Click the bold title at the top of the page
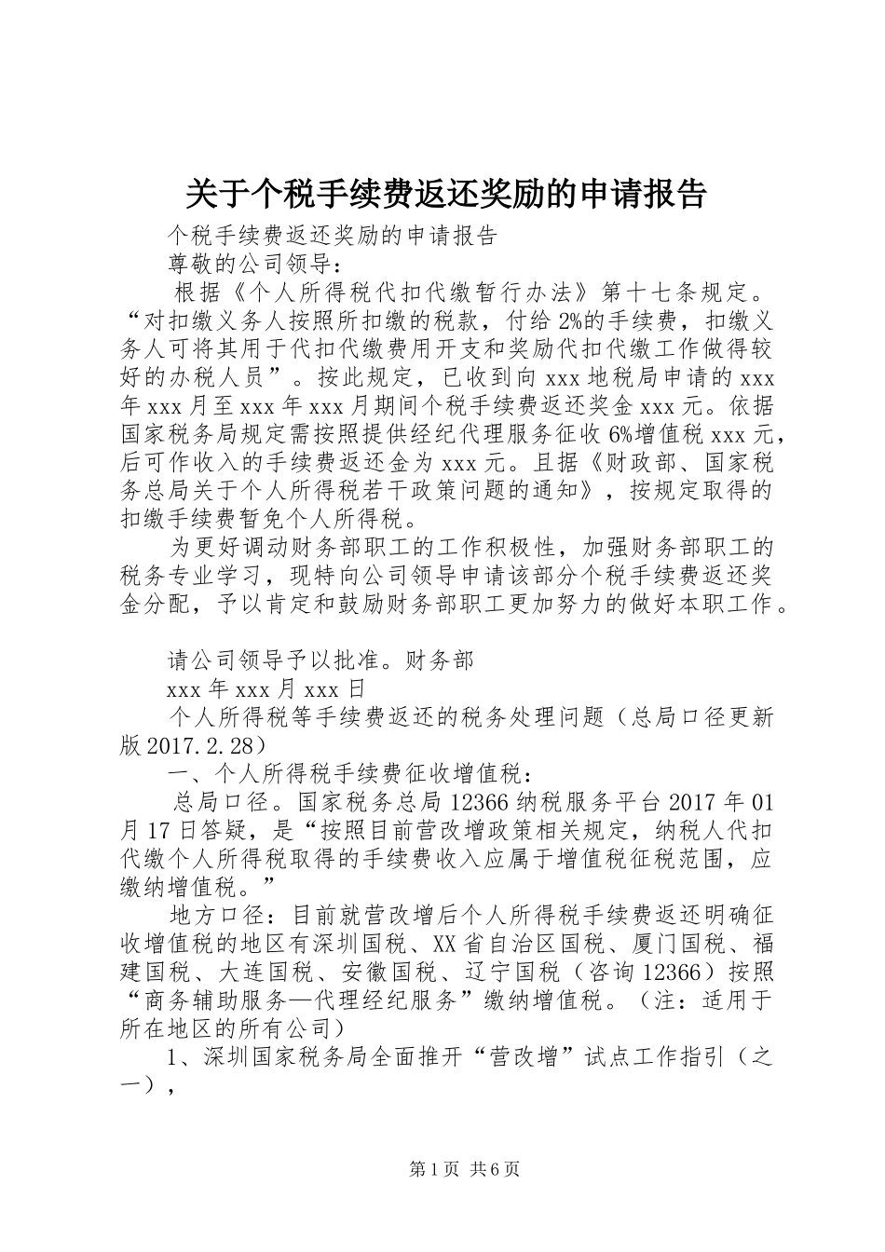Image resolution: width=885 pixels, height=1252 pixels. (x=445, y=194)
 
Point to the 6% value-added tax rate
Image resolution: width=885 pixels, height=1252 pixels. (x=620, y=434)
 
